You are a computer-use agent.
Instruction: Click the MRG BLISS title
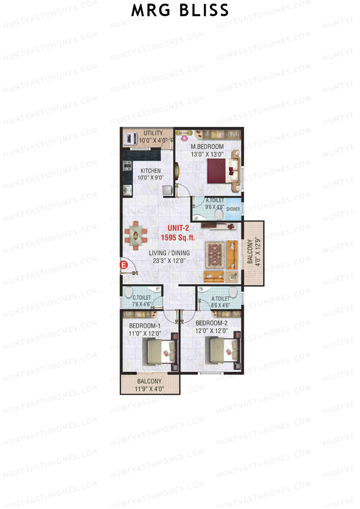click(x=180, y=10)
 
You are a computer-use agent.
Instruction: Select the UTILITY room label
click(x=153, y=133)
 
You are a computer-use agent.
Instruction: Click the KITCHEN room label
click(x=150, y=171)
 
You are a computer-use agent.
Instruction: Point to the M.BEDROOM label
click(x=207, y=147)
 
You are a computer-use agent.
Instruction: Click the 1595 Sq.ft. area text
click(x=178, y=238)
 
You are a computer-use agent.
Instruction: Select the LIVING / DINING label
click(x=169, y=253)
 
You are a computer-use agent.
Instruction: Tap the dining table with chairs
click(x=136, y=235)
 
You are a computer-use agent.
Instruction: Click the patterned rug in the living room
click(x=214, y=255)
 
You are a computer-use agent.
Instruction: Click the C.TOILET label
click(x=142, y=298)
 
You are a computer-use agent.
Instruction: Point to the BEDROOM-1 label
click(x=145, y=326)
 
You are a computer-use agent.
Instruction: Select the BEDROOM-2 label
click(x=211, y=323)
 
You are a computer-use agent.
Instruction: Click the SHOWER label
click(x=233, y=209)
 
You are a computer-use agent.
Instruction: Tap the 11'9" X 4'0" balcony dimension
click(x=149, y=389)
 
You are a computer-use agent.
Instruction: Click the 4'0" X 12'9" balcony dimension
click(x=257, y=252)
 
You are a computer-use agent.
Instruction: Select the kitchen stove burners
click(x=127, y=166)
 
